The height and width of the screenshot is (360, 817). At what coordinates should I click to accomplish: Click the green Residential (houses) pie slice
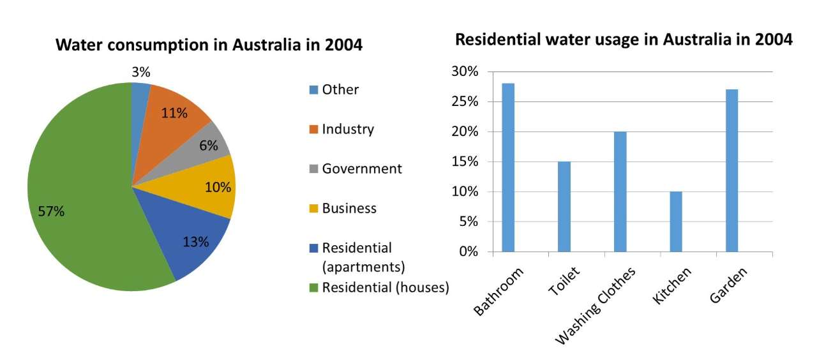point(77,191)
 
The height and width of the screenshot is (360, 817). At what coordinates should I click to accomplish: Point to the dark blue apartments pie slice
point(185,239)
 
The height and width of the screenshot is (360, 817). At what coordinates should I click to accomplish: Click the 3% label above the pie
point(141,71)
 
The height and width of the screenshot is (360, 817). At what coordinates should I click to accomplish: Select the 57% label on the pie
point(51,212)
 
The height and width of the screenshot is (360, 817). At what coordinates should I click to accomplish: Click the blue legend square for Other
point(313,89)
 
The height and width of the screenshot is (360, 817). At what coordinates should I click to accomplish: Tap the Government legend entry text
point(362,169)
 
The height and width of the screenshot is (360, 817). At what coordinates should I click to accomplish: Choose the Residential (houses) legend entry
point(385,287)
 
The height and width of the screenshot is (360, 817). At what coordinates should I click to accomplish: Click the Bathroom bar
point(508,167)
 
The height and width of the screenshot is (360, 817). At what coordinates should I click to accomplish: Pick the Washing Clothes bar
point(620,191)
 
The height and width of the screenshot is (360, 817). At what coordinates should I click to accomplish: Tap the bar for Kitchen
point(676,221)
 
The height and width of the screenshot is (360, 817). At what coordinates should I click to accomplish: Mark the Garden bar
point(731,170)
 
